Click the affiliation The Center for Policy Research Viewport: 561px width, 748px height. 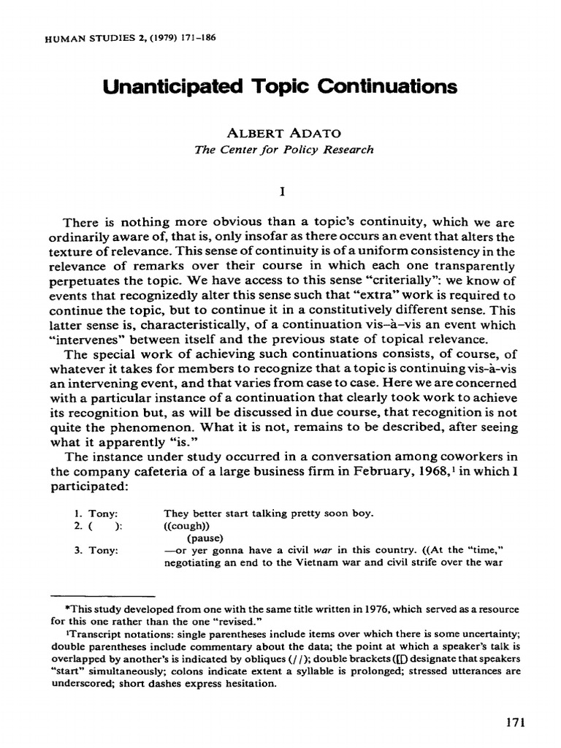point(283,150)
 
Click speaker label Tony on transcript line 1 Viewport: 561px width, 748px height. point(97,513)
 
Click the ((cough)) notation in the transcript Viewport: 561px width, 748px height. point(186,524)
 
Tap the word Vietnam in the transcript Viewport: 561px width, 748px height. point(344,561)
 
